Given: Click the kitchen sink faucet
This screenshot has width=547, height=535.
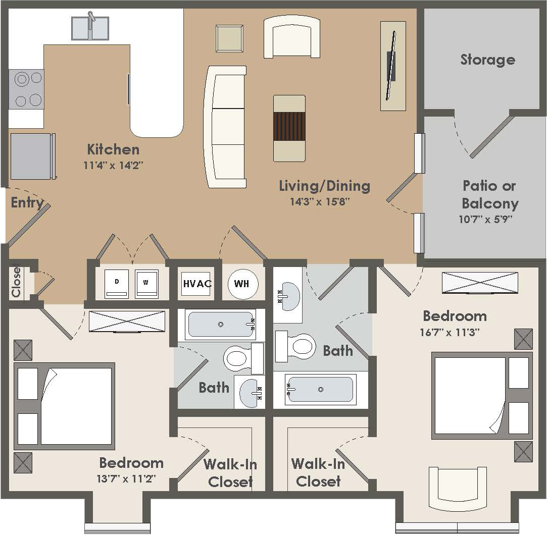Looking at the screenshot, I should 91,20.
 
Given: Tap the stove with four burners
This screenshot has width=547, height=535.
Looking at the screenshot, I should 27,89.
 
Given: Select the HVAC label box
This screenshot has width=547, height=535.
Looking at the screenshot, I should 196,283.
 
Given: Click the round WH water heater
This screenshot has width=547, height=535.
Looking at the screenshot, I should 242,284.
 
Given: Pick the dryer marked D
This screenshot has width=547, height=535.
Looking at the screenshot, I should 117,284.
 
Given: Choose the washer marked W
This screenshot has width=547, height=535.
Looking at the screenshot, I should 146,284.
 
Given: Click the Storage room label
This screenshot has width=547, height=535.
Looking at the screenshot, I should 487,60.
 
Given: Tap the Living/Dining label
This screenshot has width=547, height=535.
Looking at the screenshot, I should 324,186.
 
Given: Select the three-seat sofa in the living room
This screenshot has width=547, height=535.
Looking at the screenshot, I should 225,127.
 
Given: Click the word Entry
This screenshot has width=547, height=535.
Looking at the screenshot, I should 27,203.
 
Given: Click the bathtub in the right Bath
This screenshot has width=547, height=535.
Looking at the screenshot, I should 319,389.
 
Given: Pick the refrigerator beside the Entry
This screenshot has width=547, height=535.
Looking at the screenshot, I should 31,156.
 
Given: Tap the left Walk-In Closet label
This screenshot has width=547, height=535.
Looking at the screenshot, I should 230,472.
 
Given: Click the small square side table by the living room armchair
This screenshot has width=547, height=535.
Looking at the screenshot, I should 230,38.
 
